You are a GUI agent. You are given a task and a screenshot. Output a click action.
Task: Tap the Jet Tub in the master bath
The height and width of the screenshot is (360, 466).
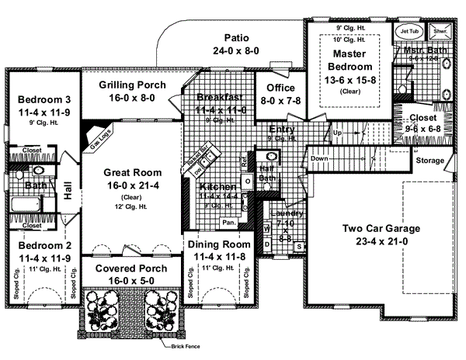408,31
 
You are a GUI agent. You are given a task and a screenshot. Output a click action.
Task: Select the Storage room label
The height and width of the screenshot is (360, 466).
430,161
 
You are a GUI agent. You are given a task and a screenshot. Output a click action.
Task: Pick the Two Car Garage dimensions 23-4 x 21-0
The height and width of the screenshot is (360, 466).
381,241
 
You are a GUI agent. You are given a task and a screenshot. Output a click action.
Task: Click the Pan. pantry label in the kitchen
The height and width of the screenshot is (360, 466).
228,222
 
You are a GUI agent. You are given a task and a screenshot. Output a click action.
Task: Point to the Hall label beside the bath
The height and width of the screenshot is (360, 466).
68,191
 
